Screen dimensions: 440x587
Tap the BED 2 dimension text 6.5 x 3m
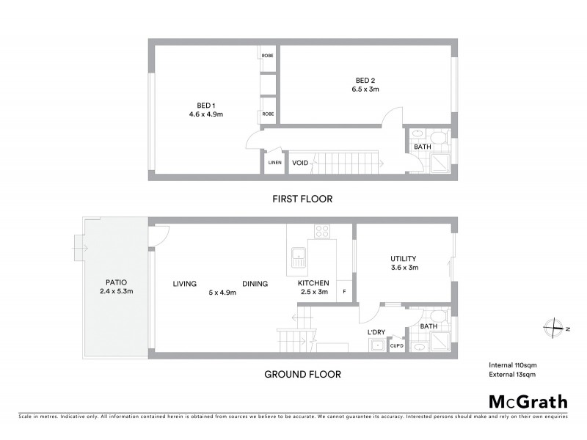coord(364,89)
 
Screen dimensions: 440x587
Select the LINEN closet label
coord(275,162)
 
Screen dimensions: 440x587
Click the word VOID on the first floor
coord(300,162)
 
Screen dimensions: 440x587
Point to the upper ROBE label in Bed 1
coord(268,54)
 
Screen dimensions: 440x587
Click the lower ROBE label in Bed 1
coord(268,114)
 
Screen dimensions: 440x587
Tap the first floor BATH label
coord(423,147)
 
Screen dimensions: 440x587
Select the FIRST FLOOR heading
coord(303,199)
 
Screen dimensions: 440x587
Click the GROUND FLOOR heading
coord(303,374)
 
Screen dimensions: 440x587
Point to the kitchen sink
coord(299,257)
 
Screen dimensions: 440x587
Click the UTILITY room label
coord(403,258)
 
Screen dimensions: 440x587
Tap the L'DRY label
coord(376,332)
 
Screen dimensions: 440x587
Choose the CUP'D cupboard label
coord(396,347)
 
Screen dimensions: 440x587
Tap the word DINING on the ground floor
coord(255,284)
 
